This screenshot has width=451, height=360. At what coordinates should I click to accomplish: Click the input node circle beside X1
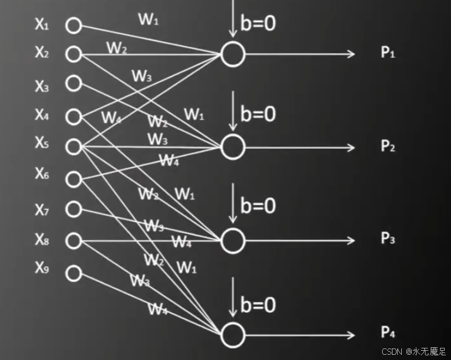point(73,25)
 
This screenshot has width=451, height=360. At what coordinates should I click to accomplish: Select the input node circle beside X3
point(73,83)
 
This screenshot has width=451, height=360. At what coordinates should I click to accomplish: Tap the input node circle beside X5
point(73,146)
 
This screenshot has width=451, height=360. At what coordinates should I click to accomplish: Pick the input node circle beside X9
point(73,273)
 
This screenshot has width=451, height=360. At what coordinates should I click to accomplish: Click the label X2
point(42,53)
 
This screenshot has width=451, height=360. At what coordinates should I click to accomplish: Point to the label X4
point(42,115)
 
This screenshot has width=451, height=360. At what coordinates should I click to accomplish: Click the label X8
point(42,238)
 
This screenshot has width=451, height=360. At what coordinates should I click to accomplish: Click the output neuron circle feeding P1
point(233,54)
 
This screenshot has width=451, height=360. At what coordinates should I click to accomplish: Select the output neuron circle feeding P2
point(233,147)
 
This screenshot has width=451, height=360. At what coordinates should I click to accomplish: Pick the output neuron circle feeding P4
point(233,335)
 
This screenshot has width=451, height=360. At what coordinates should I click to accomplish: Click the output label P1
point(387,53)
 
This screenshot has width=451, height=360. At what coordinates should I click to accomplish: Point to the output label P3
point(387,238)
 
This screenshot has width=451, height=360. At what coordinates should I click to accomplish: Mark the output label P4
point(387,333)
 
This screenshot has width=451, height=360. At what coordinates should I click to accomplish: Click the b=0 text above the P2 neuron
point(258,113)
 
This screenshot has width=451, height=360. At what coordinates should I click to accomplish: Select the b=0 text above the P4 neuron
point(258,305)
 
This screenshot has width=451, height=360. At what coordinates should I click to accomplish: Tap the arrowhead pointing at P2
point(351,147)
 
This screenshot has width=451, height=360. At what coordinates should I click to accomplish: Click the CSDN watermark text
point(392,351)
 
